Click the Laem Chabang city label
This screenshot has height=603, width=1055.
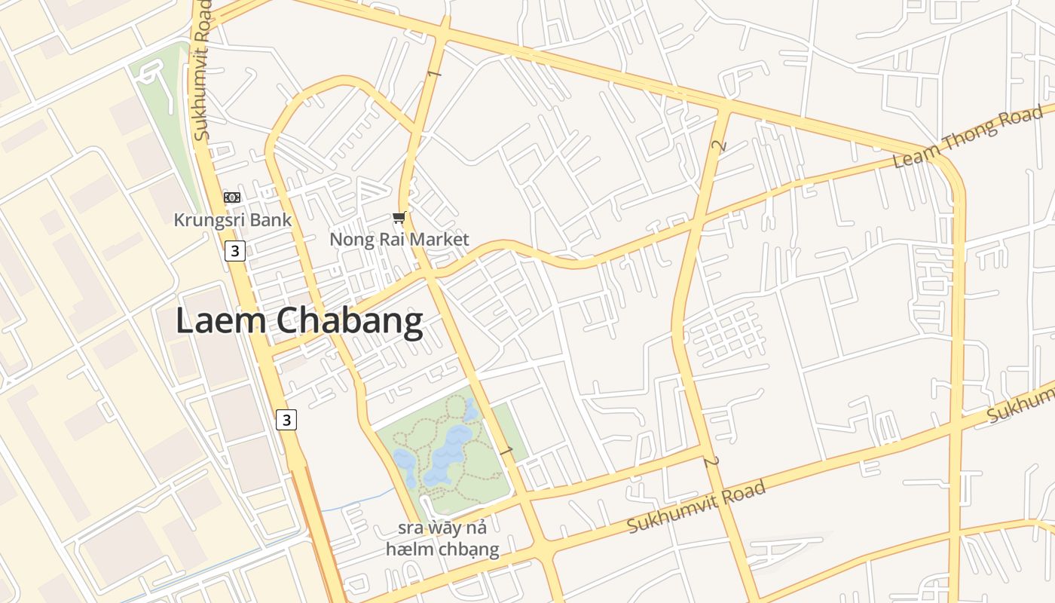point(299,321)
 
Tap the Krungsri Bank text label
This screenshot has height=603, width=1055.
point(232,220)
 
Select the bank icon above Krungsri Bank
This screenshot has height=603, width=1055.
point(232,197)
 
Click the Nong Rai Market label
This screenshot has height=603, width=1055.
point(399,240)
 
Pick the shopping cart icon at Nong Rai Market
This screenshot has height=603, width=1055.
point(399,218)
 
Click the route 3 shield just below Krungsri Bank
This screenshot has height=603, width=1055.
point(235,251)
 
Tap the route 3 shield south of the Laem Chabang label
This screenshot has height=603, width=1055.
point(286,419)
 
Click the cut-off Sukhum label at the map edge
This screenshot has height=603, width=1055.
point(1021,404)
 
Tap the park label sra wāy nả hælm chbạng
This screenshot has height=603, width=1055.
point(442,537)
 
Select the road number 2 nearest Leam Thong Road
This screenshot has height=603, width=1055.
point(720,145)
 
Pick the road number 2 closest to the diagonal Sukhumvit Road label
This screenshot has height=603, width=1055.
point(709,461)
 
